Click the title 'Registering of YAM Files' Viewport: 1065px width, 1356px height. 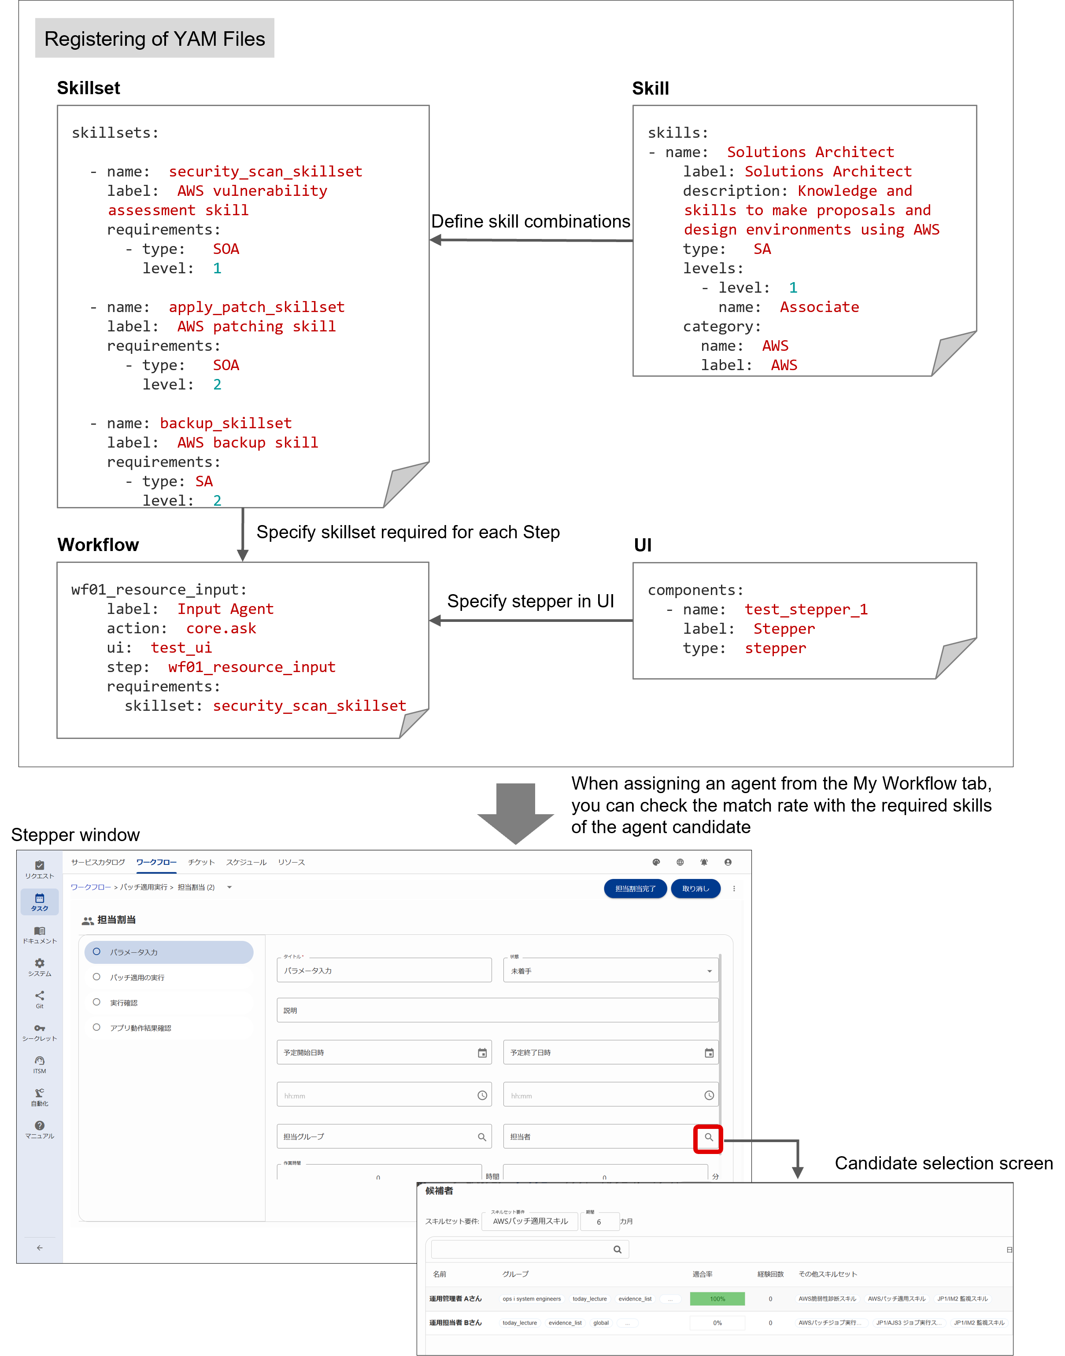155,39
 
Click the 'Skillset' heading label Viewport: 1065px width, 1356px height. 89,88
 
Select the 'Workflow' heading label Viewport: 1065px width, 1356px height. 99,545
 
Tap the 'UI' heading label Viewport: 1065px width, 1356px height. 643,545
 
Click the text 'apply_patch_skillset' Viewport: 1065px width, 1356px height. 256,307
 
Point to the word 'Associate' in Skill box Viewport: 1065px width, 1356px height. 819,307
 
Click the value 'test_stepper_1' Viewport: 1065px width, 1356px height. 806,610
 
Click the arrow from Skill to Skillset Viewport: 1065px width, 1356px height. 530,240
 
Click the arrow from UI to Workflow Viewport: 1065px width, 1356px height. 530,621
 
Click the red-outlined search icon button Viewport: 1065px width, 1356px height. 708,1137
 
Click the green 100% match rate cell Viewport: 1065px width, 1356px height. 717,1299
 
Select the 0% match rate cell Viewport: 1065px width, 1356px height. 717,1323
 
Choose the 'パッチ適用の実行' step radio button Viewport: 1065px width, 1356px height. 96,977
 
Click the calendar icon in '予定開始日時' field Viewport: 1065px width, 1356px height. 482,1053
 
